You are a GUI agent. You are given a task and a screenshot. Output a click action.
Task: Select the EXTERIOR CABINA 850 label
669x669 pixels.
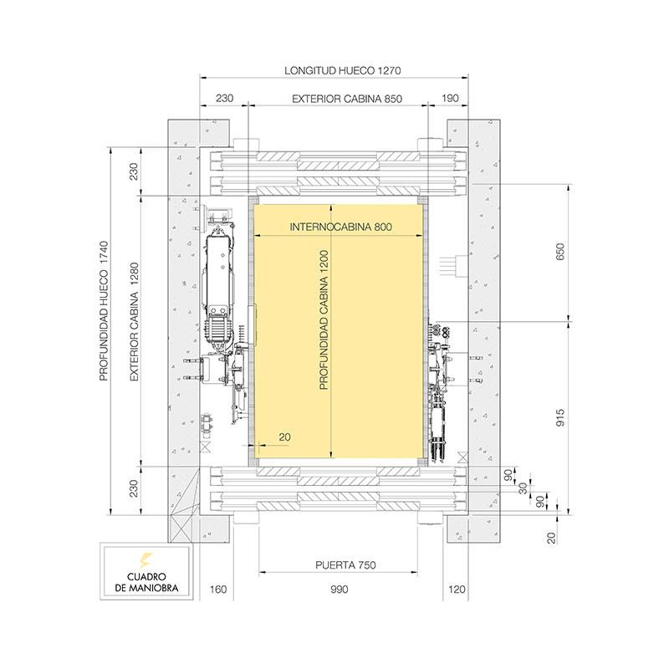point(347,99)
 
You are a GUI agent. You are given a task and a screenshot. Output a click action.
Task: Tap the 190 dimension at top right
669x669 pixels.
point(450,99)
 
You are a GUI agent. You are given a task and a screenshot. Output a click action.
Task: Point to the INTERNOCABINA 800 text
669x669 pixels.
point(340,227)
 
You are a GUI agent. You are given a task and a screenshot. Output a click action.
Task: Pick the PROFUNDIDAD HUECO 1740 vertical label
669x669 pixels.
point(105,311)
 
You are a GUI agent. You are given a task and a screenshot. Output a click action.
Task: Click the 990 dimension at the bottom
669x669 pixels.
point(339,590)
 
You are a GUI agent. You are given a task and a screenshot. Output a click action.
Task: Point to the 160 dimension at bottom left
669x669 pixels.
point(217,590)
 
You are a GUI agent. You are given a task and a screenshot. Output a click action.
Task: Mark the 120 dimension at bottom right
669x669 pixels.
point(456,590)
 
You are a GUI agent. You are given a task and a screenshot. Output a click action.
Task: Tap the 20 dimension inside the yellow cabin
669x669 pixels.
point(283,436)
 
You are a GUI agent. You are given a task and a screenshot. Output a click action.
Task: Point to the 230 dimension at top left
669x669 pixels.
point(225,99)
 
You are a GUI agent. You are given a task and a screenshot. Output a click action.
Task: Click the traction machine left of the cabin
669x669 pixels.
point(220,284)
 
